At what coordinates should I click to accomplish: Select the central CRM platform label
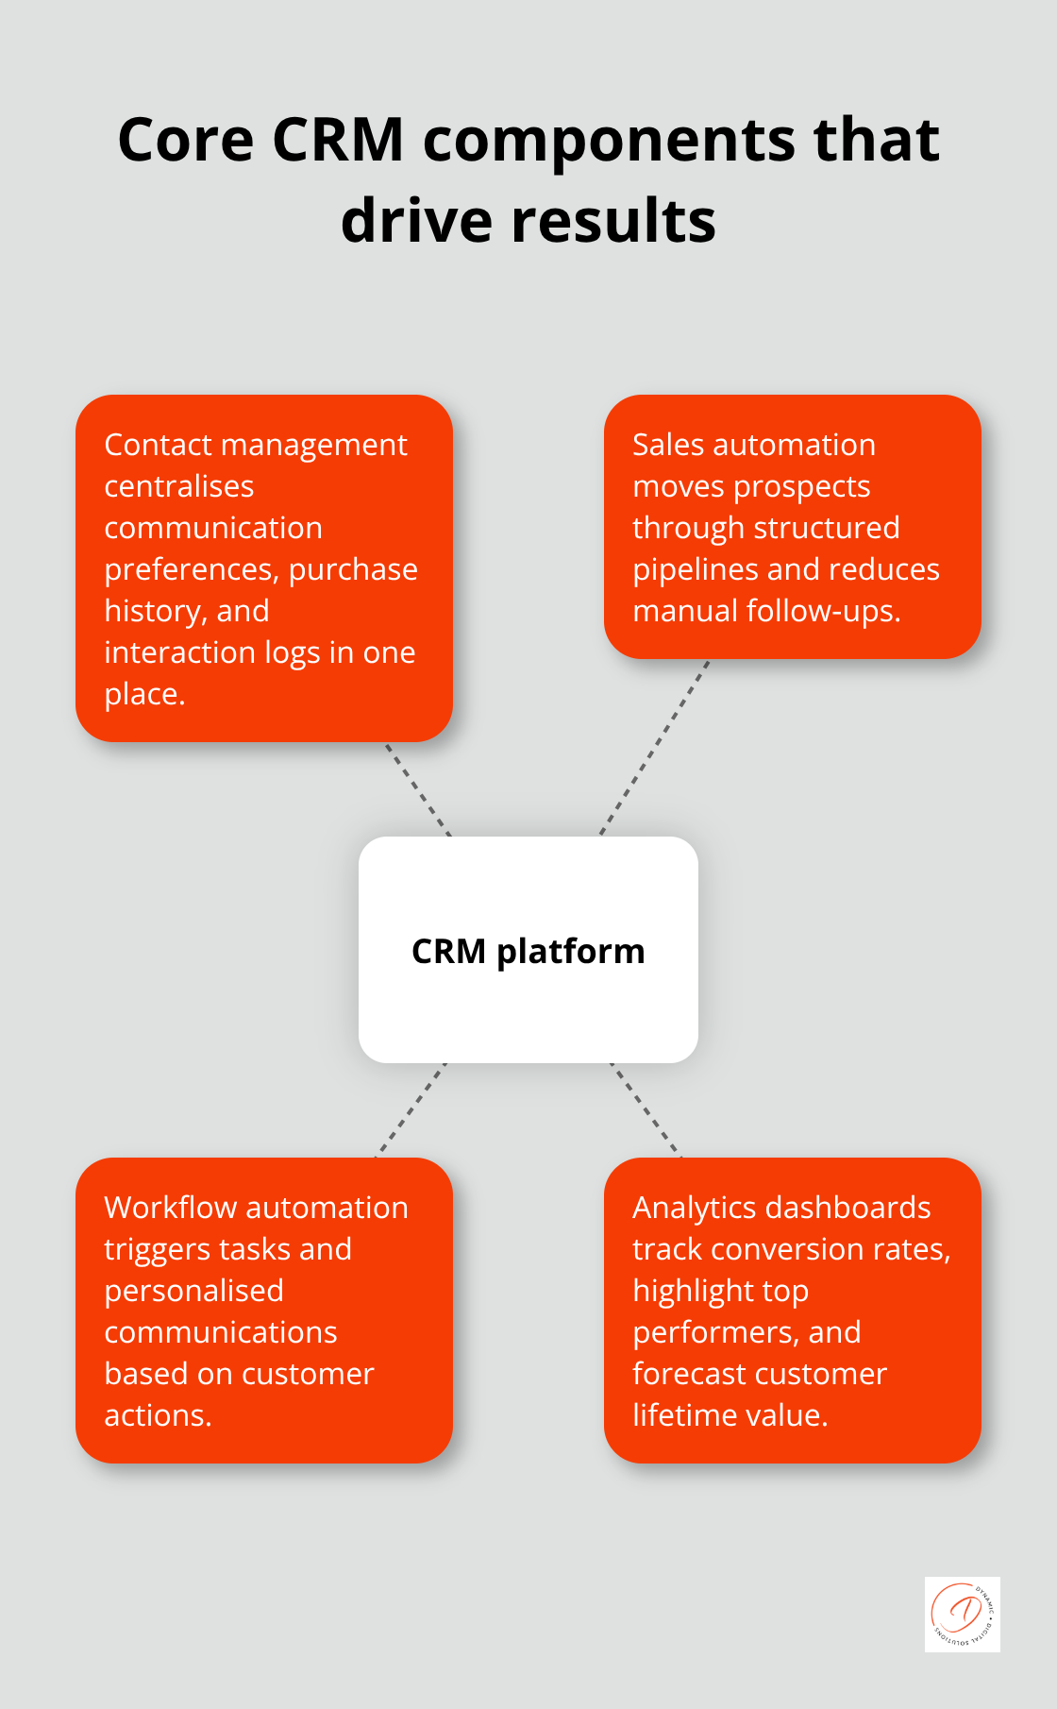pyautogui.click(x=528, y=951)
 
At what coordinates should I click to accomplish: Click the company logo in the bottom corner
pyautogui.click(x=962, y=1614)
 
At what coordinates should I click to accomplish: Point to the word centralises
pyautogui.click(x=178, y=486)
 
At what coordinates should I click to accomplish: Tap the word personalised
pyautogui.click(x=193, y=1291)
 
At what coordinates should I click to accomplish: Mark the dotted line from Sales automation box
pyautogui.click(x=654, y=748)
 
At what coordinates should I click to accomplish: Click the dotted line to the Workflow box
pyautogui.click(x=411, y=1109)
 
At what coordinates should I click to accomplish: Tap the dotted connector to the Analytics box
pyautogui.click(x=646, y=1109)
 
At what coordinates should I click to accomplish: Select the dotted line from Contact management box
pyautogui.click(x=418, y=789)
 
